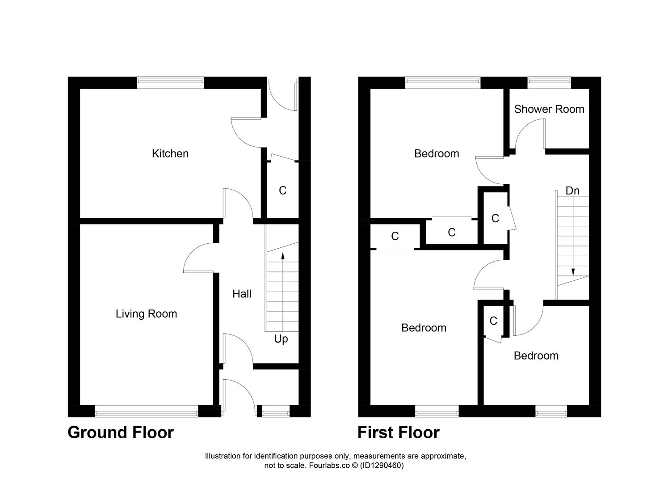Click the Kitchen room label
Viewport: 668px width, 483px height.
click(x=170, y=153)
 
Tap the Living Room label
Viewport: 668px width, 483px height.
click(x=146, y=314)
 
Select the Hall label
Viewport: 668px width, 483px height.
click(x=242, y=294)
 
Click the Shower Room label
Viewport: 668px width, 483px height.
click(x=549, y=109)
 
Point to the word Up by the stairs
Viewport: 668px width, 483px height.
click(x=281, y=339)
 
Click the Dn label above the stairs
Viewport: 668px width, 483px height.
click(x=572, y=191)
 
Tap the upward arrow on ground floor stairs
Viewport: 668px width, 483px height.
click(x=282, y=256)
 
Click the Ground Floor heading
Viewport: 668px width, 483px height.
click(x=120, y=432)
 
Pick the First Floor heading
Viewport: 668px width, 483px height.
click(x=398, y=432)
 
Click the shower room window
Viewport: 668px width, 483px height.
click(x=549, y=80)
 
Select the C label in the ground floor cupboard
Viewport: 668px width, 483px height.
click(x=282, y=191)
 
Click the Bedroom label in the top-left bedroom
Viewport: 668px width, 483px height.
click(x=436, y=153)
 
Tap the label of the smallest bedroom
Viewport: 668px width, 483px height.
click(x=536, y=356)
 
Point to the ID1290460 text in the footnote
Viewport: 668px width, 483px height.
click(x=382, y=466)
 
